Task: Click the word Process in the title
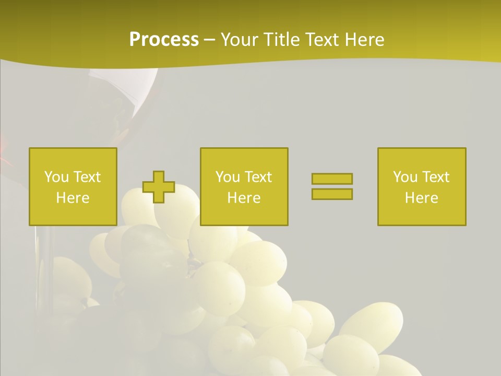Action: click(164, 40)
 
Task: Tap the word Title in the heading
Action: click(283, 40)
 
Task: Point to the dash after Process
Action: click(209, 40)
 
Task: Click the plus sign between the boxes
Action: click(159, 186)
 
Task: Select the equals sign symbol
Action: click(332, 186)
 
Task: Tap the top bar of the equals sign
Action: click(332, 179)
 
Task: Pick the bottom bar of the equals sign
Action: click(332, 194)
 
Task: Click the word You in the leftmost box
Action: click(56, 177)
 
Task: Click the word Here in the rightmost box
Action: click(421, 198)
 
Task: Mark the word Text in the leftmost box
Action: click(87, 177)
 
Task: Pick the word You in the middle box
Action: click(227, 177)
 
